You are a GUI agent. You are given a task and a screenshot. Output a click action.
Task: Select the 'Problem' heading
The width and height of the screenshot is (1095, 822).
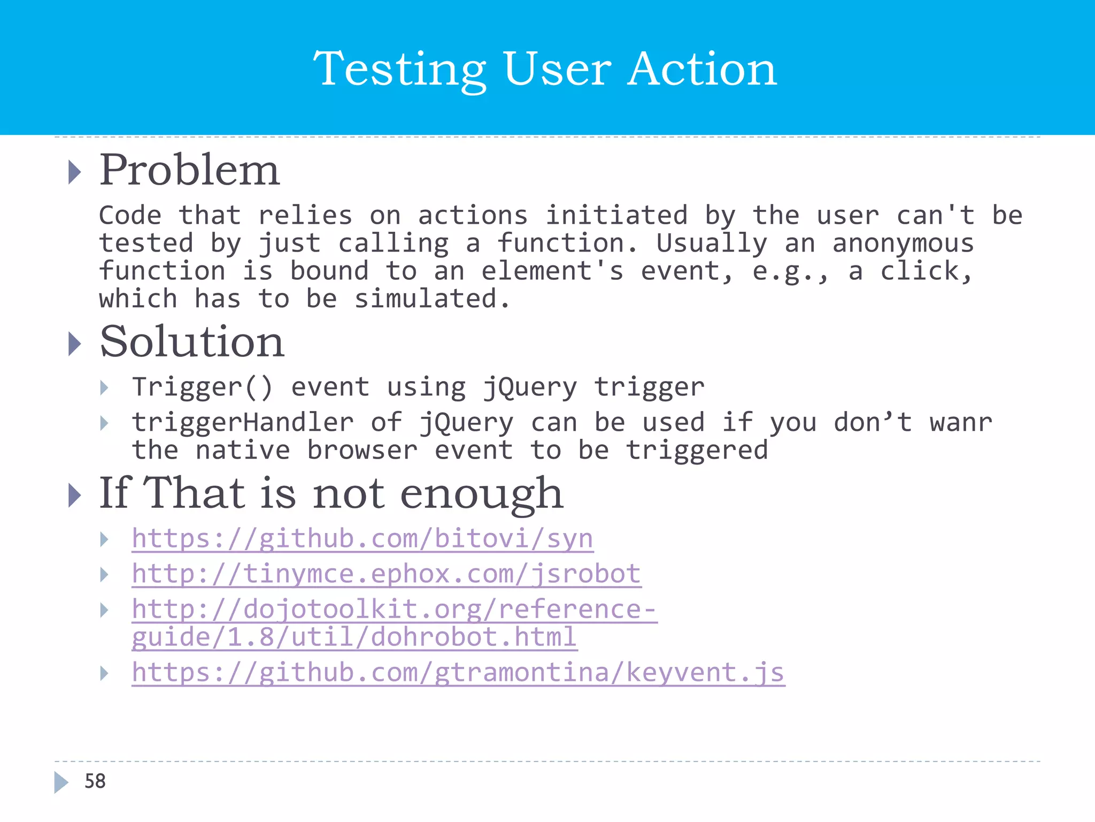(x=189, y=170)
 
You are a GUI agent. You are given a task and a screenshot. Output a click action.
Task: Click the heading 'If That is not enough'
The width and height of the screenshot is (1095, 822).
(x=330, y=493)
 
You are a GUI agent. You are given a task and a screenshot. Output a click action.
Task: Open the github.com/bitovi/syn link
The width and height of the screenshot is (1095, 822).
(x=362, y=538)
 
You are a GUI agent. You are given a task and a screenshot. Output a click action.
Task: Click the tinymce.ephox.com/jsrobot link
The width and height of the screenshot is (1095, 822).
(x=386, y=574)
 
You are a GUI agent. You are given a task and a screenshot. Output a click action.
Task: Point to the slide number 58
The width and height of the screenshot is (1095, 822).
(x=95, y=781)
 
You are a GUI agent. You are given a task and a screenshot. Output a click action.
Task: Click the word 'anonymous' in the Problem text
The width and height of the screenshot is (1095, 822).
(x=903, y=243)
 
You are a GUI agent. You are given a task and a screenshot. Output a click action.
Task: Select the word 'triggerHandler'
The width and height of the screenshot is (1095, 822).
(x=243, y=422)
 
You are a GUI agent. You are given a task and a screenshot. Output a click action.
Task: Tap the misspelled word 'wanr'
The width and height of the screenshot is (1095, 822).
(x=960, y=422)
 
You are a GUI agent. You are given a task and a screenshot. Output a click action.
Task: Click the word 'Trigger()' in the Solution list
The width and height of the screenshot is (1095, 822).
(x=202, y=387)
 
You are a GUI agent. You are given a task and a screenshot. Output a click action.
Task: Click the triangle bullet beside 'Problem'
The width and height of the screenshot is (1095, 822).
(x=75, y=172)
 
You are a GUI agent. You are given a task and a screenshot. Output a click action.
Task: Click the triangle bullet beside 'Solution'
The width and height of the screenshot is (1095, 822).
(x=75, y=344)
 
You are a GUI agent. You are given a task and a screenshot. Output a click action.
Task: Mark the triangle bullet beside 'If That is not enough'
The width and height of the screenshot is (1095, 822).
(x=75, y=495)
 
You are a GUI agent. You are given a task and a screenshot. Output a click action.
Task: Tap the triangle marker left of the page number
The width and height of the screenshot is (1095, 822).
(x=61, y=782)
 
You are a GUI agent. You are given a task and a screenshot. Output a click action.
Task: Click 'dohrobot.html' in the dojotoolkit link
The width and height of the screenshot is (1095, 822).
(x=474, y=637)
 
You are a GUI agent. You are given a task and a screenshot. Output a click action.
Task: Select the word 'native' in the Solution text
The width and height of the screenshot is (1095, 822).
(x=243, y=450)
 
